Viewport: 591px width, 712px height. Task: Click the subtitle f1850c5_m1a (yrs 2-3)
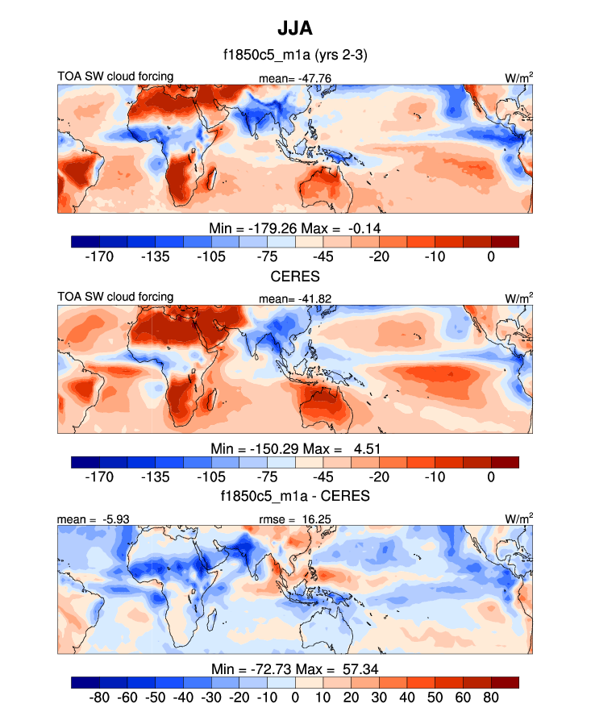(295, 56)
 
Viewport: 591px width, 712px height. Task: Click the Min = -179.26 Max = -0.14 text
(295, 228)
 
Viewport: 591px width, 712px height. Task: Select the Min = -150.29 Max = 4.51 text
(295, 448)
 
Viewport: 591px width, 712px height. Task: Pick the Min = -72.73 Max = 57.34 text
(295, 668)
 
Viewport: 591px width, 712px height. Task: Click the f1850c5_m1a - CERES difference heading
(295, 496)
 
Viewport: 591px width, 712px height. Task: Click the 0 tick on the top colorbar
(491, 256)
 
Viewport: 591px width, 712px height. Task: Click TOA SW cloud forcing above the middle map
(115, 297)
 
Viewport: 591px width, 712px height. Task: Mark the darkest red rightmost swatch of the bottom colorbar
(505, 681)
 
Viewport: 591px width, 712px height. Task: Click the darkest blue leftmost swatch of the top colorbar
(85, 241)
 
